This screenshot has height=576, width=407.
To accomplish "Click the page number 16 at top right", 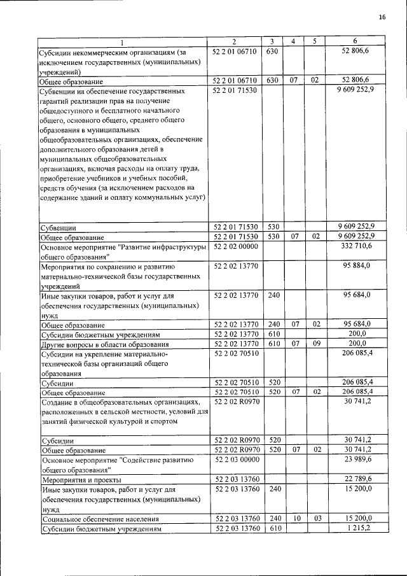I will tap(382, 17).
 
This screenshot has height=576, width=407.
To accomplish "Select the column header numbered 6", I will tap(359, 42).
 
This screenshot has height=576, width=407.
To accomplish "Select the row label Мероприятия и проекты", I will tap(81, 480).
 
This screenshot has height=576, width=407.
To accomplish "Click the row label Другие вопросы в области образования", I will tap(104, 344).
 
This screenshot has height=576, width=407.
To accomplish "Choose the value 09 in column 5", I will tap(314, 344).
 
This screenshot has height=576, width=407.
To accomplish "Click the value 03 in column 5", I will tap(314, 519).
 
